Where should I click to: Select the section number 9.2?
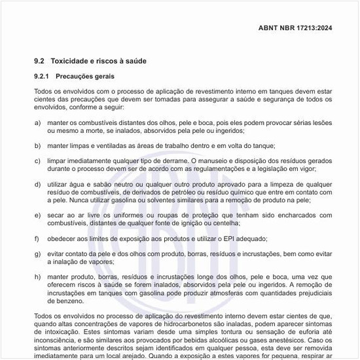tap(39, 61)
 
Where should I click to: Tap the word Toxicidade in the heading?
tap(71, 61)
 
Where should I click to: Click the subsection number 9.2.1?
tap(42, 77)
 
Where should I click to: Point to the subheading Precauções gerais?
tap(84, 77)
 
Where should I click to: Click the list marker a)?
tap(37, 122)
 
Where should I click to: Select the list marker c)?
tap(37, 160)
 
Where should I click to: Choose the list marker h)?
tap(37, 278)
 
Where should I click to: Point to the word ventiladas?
tap(119, 145)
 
